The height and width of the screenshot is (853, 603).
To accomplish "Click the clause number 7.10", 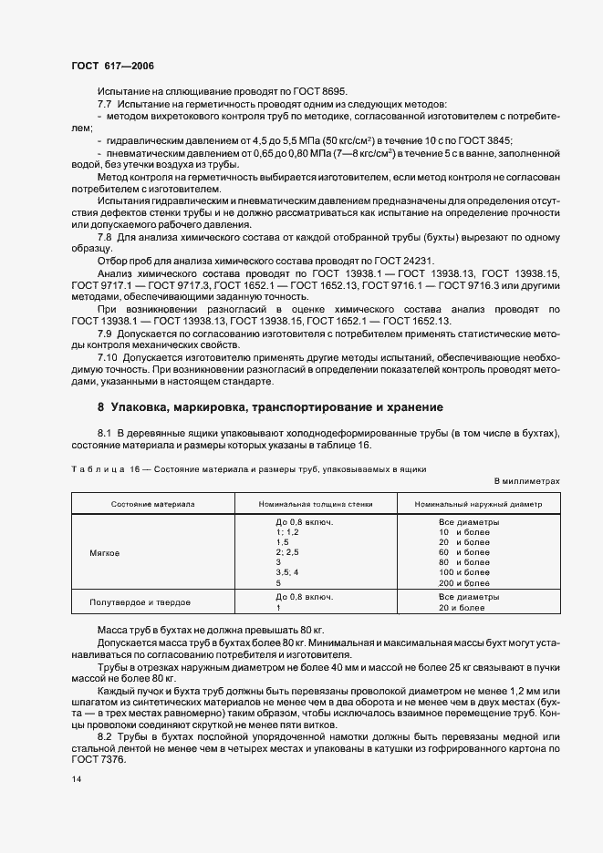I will click(109, 356).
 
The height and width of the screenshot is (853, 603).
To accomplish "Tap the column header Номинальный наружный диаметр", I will click(478, 503).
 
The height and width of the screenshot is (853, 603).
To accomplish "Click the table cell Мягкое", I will click(104, 552).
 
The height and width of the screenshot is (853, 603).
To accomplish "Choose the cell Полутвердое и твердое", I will click(140, 602).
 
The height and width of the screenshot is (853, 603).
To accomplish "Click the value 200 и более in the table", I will click(464, 582).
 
